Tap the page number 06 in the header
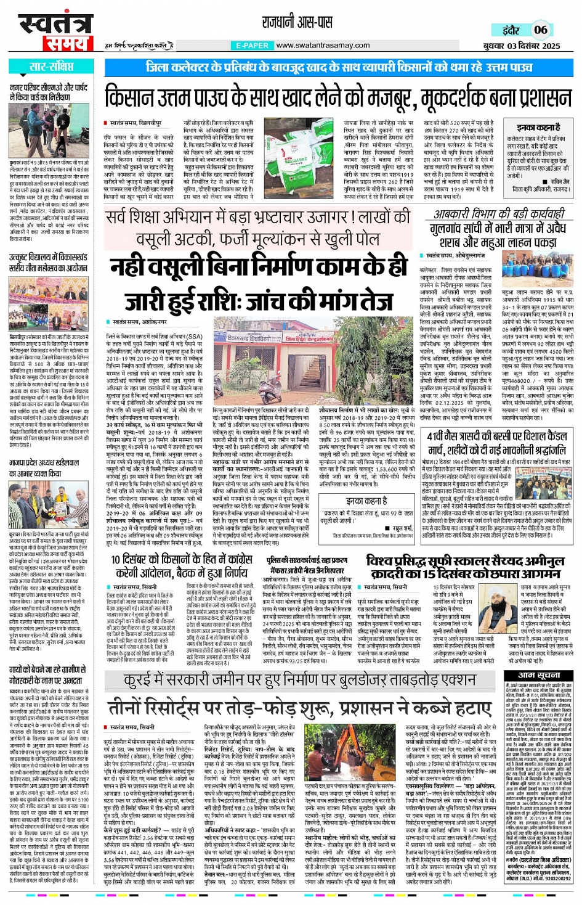pos(540,30)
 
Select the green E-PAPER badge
pos(252,46)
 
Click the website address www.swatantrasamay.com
pos(323,46)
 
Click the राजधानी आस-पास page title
pos(297,23)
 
